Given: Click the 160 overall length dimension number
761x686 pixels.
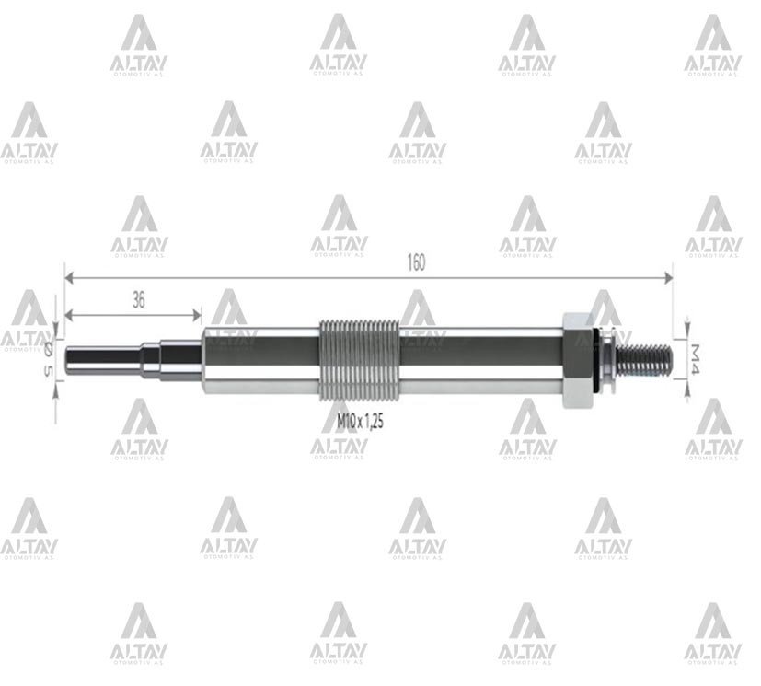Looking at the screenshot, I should point(415,262).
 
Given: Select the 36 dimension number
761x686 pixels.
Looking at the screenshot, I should point(139,299).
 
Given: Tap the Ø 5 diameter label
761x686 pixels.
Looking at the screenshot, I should point(50,356).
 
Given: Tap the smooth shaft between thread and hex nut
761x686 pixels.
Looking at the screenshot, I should point(479,356).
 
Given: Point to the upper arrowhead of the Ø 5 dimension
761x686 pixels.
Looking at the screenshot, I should point(57,331).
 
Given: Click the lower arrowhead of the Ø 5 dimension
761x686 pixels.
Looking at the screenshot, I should point(57,383).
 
